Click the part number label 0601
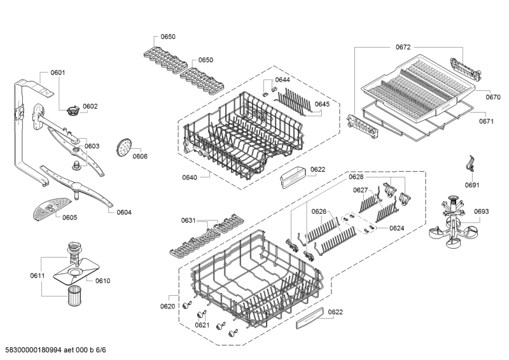pos(58,73)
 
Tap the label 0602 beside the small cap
pos(90,106)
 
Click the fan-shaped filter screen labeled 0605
pos(52,209)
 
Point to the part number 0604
pos(124,212)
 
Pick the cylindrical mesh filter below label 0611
pos(75,295)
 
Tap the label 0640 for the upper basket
pos(189,177)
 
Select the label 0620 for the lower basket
pos(167,307)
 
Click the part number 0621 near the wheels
pos(202,325)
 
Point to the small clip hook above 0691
pos(470,163)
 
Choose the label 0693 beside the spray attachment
pos(481,212)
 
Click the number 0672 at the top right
pos(403,48)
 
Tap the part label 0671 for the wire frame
pos(486,121)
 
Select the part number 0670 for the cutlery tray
pos(492,97)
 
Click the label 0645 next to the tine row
pos(322,104)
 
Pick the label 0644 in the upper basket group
pos(282,80)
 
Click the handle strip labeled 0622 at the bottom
pos(310,318)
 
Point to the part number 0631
pos(188,221)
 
